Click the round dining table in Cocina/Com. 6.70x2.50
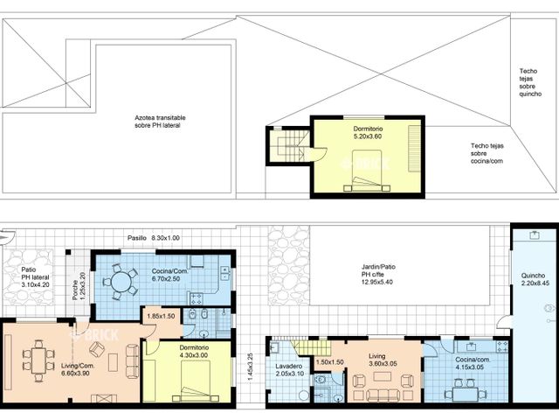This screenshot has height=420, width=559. point(121,282)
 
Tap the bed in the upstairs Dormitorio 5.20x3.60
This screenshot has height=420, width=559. point(367,171)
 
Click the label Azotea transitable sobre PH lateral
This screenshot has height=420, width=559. point(160,122)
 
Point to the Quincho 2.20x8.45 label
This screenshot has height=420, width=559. point(534,279)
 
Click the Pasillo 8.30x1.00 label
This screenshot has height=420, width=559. point(154,238)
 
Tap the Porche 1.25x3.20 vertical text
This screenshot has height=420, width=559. point(79,286)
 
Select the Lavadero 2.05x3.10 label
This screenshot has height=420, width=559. point(289,370)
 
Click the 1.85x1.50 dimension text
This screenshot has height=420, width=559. point(161,316)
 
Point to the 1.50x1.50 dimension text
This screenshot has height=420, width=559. point(330,362)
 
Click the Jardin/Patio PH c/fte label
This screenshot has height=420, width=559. point(378,274)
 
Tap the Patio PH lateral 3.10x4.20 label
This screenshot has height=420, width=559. point(35,277)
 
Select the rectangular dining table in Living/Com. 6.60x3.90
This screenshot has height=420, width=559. point(38,360)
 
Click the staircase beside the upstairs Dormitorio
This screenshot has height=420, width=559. point(289,146)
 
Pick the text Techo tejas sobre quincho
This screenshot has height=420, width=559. point(530,82)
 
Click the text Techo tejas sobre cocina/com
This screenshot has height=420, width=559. point(487,153)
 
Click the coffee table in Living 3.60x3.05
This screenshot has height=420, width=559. point(383,376)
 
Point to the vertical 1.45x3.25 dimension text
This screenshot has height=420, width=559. point(250,368)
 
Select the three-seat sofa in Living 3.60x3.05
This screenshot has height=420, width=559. point(383,395)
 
